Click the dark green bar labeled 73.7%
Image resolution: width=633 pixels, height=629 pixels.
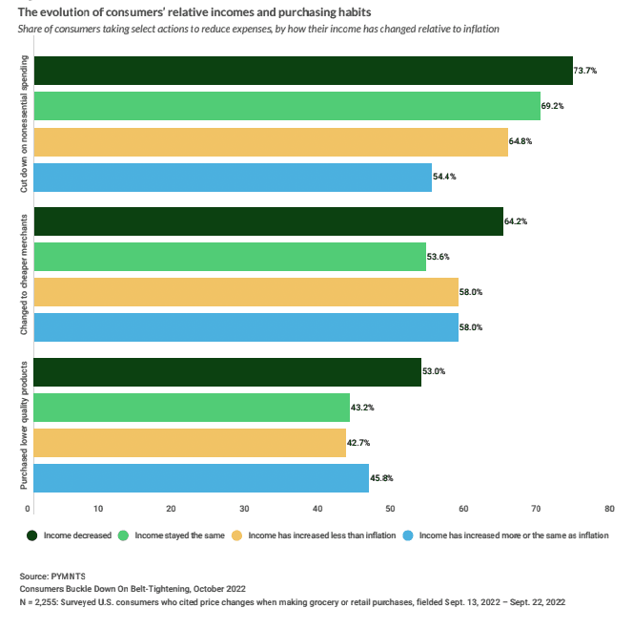(x=303, y=72)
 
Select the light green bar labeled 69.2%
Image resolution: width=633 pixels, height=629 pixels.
(x=287, y=106)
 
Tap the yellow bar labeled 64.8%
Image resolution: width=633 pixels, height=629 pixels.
(x=271, y=141)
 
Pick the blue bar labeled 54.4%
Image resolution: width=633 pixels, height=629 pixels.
(x=233, y=177)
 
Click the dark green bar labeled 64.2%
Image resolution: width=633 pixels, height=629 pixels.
(x=268, y=220)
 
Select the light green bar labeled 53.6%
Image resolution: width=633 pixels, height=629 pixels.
(x=230, y=257)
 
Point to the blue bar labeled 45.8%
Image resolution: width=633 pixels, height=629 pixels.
(x=201, y=477)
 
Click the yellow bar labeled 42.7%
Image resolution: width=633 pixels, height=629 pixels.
(x=190, y=443)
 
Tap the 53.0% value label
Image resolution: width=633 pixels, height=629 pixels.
(x=435, y=371)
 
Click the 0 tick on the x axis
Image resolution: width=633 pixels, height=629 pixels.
(x=31, y=509)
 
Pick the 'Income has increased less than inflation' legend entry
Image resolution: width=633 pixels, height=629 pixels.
(x=315, y=535)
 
